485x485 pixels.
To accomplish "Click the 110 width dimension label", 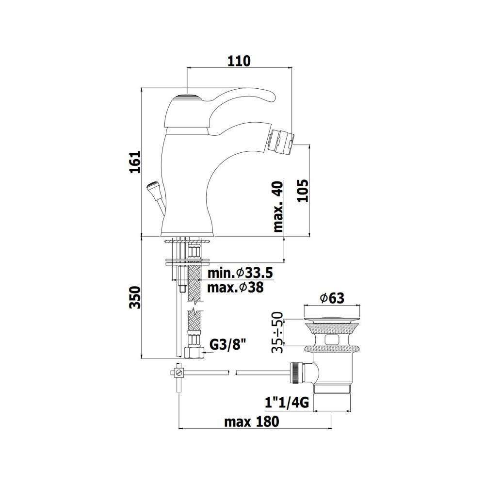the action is coord(239,61).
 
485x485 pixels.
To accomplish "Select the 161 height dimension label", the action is coord(135,162).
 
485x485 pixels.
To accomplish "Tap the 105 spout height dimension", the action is coord(303,191).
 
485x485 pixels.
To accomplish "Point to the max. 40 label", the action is coord(278,207).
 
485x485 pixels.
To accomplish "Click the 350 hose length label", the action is coord(135,297).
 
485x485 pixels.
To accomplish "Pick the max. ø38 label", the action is coord(235,287).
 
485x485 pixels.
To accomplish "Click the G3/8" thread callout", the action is coord(229,344).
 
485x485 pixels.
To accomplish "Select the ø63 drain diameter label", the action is coord(332,298).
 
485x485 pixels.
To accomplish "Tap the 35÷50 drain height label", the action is coord(277,333).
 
